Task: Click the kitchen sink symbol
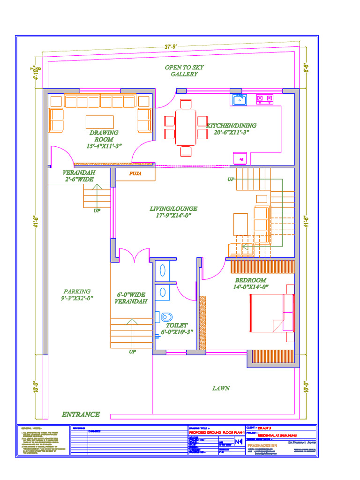tap(240, 99)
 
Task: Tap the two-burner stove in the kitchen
tap(264, 99)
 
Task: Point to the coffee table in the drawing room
tap(99, 122)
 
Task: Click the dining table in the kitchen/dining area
tap(186, 127)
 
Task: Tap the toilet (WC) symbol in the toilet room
tap(165, 316)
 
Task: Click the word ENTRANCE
tap(81, 414)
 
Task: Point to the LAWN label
tap(221, 388)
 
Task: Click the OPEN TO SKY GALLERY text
tap(184, 71)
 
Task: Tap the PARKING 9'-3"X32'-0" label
tap(77, 294)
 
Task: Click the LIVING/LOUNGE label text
tap(173, 212)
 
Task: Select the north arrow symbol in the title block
tap(239, 441)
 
